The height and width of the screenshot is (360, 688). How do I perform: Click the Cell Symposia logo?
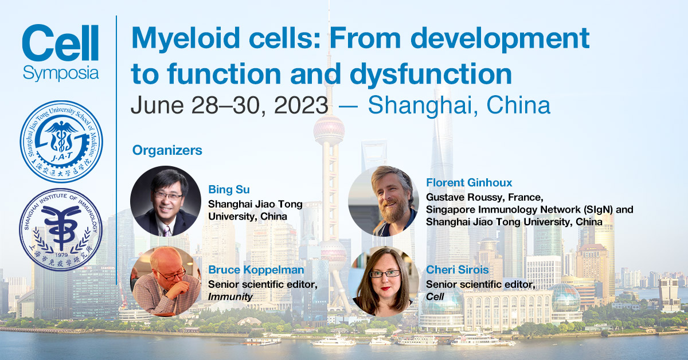pos(60,53)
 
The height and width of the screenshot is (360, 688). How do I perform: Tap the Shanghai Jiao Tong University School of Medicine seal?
pos(61,140)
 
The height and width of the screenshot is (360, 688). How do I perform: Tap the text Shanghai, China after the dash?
pos(459,105)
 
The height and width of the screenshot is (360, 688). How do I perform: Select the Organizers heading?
pos(167,151)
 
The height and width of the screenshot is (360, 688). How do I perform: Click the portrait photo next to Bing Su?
pos(166,201)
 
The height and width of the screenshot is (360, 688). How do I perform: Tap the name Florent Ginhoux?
pos(469,183)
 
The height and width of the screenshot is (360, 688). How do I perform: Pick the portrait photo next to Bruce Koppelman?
pos(166,281)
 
